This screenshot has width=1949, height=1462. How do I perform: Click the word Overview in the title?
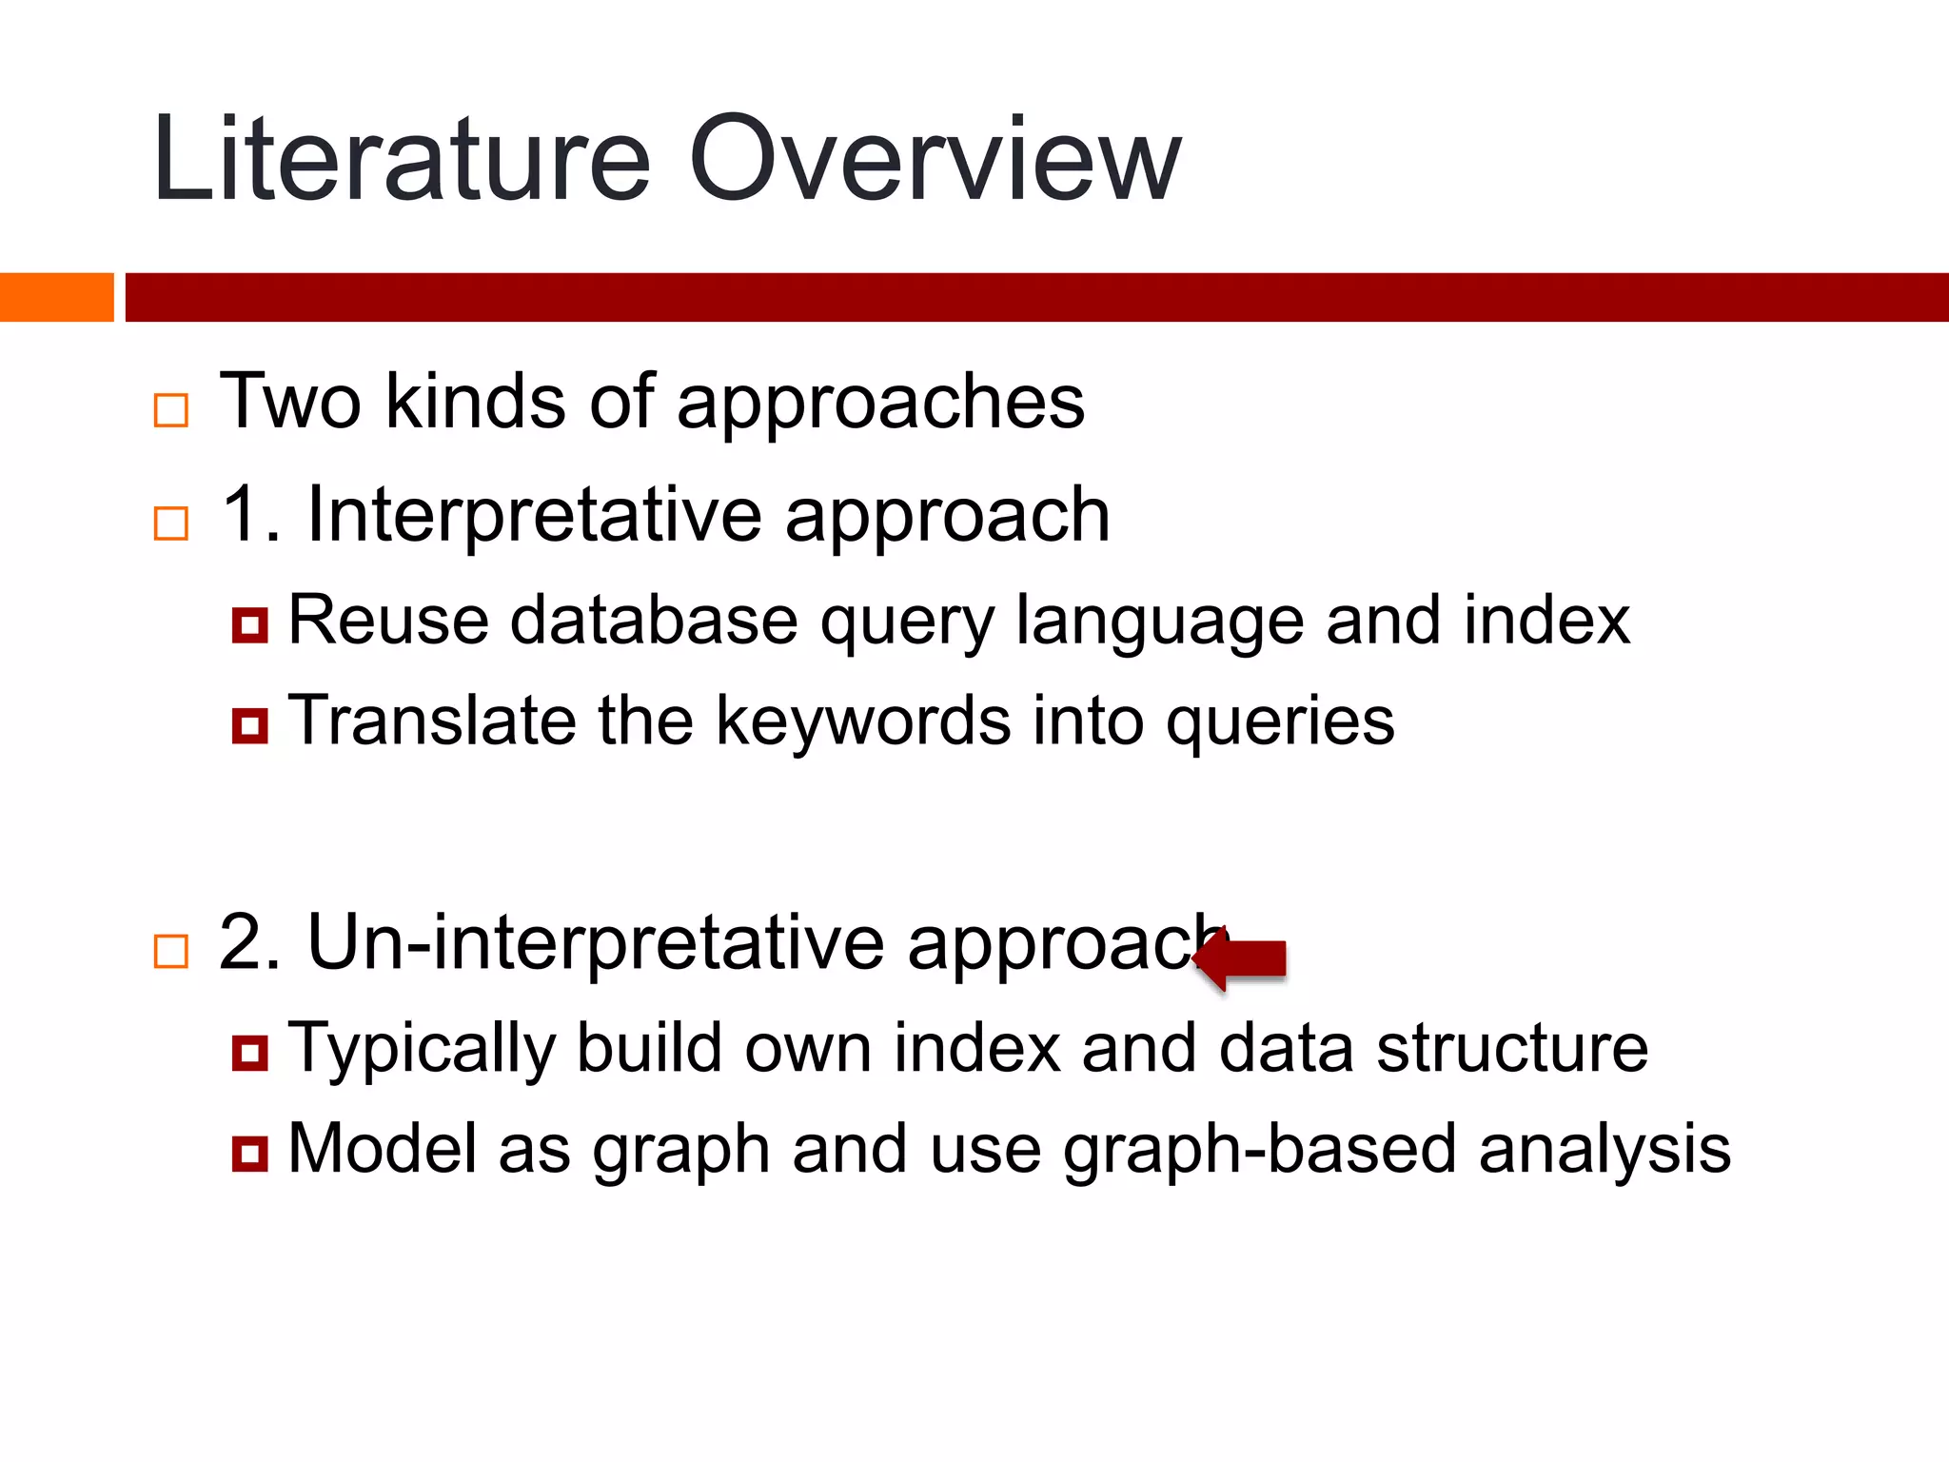934,160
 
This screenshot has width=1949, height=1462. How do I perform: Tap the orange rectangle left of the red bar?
56,297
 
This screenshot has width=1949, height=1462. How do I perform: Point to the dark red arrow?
1242,958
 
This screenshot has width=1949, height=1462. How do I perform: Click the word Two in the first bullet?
290,403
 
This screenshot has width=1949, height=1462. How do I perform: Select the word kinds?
476,403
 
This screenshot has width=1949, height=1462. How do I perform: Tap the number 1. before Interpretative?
249,515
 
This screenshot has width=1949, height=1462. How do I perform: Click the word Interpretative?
533,515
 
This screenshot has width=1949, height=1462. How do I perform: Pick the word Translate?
431,721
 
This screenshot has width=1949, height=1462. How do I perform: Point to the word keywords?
862,721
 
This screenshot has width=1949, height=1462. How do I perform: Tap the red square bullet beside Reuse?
249,625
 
